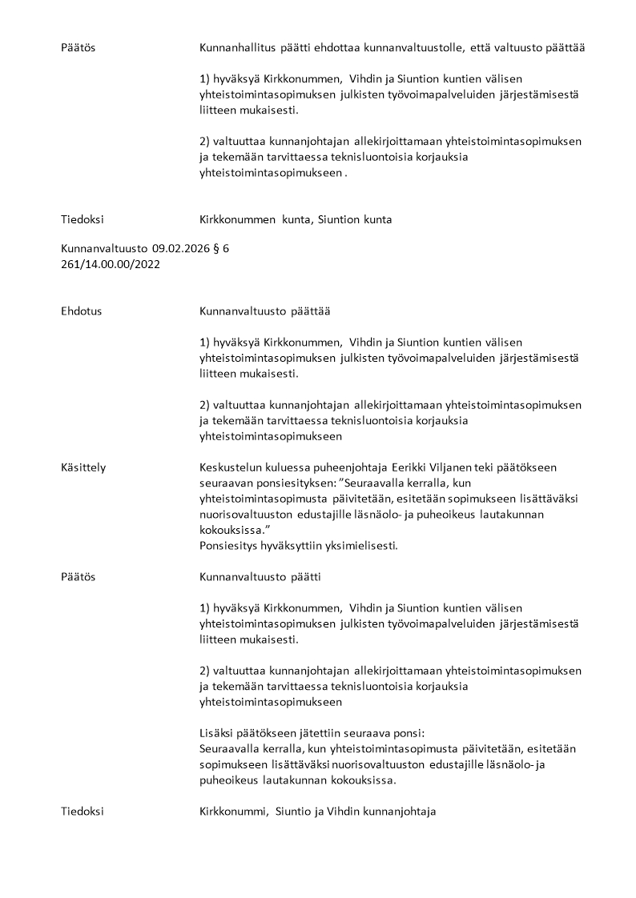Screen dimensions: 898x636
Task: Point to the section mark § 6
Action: point(220,248)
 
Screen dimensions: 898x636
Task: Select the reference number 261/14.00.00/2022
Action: point(111,264)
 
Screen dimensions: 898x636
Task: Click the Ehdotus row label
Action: point(81,311)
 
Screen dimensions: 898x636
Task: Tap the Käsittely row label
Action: point(83,467)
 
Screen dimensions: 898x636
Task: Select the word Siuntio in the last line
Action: point(294,812)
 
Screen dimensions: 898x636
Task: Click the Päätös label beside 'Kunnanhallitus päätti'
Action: point(78,48)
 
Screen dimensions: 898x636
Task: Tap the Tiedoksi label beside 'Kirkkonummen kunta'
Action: point(83,219)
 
